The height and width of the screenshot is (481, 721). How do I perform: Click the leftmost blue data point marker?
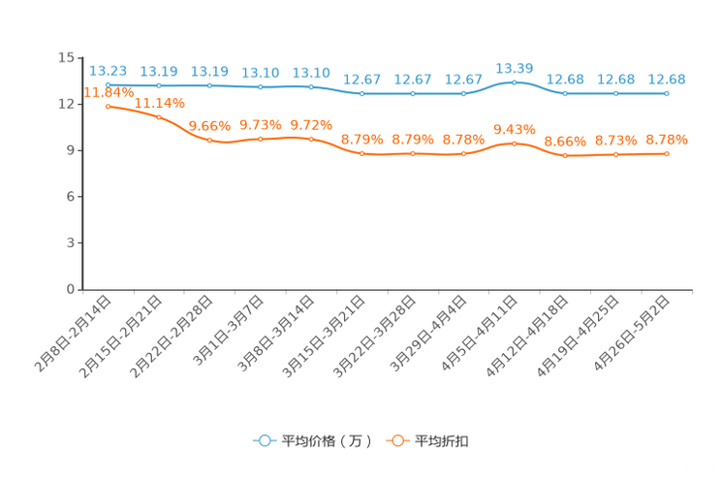(x=108, y=85)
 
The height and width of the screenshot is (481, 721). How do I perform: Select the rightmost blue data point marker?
(x=667, y=93)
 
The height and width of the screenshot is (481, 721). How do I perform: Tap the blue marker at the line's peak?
(x=514, y=82)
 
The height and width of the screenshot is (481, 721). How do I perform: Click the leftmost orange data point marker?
(x=108, y=105)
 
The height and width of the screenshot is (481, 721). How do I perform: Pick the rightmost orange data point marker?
(x=667, y=153)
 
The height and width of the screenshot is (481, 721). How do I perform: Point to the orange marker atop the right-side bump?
(x=514, y=144)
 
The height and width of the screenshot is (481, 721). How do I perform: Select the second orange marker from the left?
(x=159, y=116)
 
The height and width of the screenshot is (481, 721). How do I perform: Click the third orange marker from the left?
(x=209, y=141)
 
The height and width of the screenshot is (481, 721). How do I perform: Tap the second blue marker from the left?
(x=159, y=85)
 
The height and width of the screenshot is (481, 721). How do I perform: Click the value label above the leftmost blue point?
(x=108, y=71)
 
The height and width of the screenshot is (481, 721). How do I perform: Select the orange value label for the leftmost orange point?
(x=108, y=93)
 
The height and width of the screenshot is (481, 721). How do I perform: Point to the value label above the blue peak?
(x=514, y=68)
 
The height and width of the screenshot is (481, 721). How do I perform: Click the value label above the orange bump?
(x=514, y=130)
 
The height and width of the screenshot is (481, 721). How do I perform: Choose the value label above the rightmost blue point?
(x=667, y=79)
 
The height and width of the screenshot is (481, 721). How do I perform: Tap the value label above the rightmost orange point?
(x=667, y=141)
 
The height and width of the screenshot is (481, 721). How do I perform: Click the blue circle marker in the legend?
(x=264, y=441)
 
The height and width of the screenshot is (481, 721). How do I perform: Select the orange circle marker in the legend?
(x=397, y=441)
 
